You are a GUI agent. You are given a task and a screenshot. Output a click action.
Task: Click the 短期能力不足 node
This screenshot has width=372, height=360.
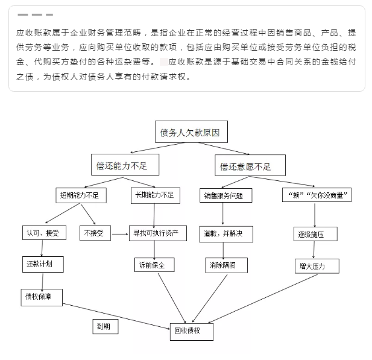(79, 195)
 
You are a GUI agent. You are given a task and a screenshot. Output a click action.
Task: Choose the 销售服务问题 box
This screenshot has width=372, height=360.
(225, 196)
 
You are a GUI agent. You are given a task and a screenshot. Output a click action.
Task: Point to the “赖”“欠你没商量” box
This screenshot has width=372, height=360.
(317, 195)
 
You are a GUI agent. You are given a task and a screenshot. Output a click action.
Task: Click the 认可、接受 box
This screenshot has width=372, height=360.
(41, 233)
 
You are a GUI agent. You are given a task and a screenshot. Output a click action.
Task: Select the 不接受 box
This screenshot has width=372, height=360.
(95, 233)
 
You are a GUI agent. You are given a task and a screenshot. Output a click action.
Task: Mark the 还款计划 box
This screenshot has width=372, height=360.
(41, 264)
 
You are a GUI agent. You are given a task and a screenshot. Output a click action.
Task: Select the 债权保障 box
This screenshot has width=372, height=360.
(41, 295)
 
